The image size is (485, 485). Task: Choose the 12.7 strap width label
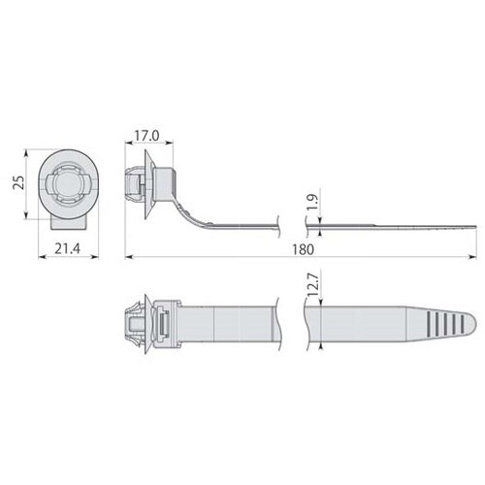coord(309,285)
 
